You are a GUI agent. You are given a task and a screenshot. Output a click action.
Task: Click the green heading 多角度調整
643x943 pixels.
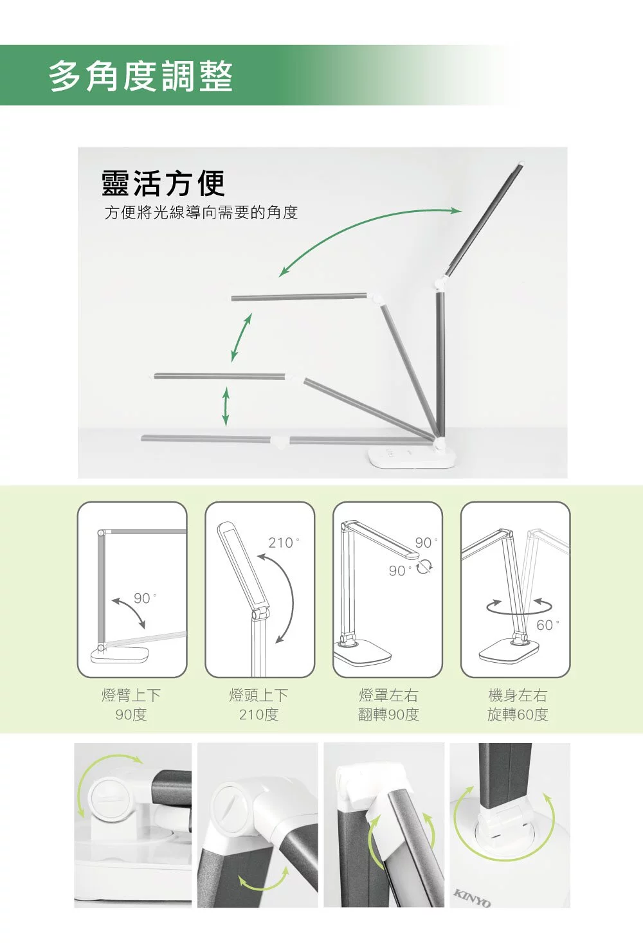[x=140, y=76]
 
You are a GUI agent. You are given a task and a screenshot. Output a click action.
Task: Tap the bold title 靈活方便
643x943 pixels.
[x=163, y=184]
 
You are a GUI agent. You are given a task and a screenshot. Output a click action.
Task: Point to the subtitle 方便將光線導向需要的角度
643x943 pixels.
[x=201, y=213]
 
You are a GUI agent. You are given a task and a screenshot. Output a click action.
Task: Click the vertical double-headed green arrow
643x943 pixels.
[x=226, y=407]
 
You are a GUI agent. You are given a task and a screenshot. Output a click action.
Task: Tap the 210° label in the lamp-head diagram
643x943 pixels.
[x=284, y=543]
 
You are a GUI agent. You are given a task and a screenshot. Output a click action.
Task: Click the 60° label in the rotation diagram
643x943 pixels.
[x=547, y=625]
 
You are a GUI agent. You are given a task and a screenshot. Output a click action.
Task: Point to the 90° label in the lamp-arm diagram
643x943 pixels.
[x=145, y=598]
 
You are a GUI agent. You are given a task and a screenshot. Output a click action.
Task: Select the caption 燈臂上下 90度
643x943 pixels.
[x=131, y=705]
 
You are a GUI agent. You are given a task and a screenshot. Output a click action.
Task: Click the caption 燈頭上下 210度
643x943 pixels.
[x=258, y=705]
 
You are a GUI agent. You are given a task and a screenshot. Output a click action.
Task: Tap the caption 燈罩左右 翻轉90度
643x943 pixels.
[x=388, y=705]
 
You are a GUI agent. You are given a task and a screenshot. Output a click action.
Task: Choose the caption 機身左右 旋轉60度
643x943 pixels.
[x=518, y=705]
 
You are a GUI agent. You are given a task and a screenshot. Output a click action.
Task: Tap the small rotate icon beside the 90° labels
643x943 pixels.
[x=424, y=567]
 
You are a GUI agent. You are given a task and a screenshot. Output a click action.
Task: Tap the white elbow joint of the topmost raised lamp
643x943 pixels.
[x=440, y=283]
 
